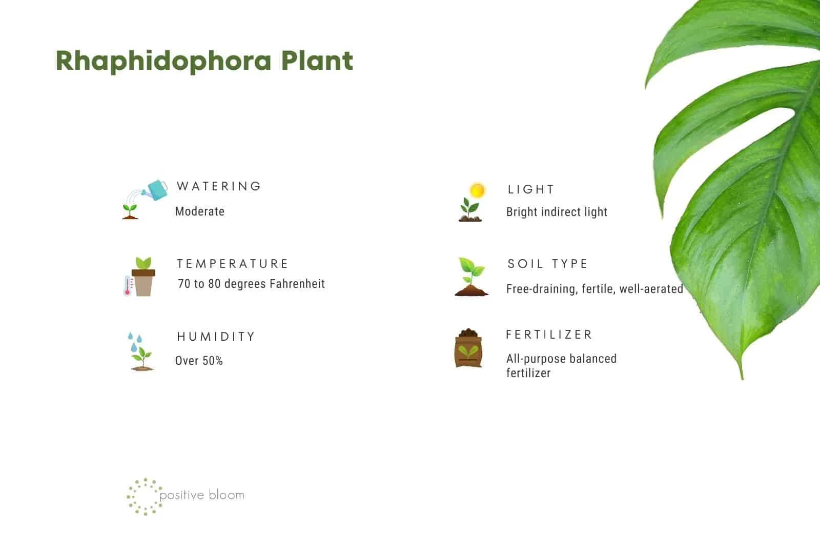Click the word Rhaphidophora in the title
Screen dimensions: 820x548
[x=163, y=61]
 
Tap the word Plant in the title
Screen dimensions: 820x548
[x=317, y=60]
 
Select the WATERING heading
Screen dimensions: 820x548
[x=219, y=186]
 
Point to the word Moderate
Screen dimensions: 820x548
[x=200, y=211]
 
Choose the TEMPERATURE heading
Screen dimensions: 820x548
[x=233, y=264]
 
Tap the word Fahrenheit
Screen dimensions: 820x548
[x=297, y=284]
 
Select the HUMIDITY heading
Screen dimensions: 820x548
[x=216, y=337]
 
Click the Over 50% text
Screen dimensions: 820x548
[x=199, y=361]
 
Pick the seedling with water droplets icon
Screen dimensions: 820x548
[x=140, y=351]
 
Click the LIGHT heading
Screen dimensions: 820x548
[x=531, y=189]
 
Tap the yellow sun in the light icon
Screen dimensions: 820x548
[x=477, y=190]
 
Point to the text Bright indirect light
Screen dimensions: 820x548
[x=557, y=212]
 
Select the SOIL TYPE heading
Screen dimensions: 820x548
[x=548, y=264]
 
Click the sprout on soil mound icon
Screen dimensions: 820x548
[x=471, y=277]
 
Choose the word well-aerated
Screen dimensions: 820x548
[x=651, y=289]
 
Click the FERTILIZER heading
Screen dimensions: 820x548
[x=549, y=335]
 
